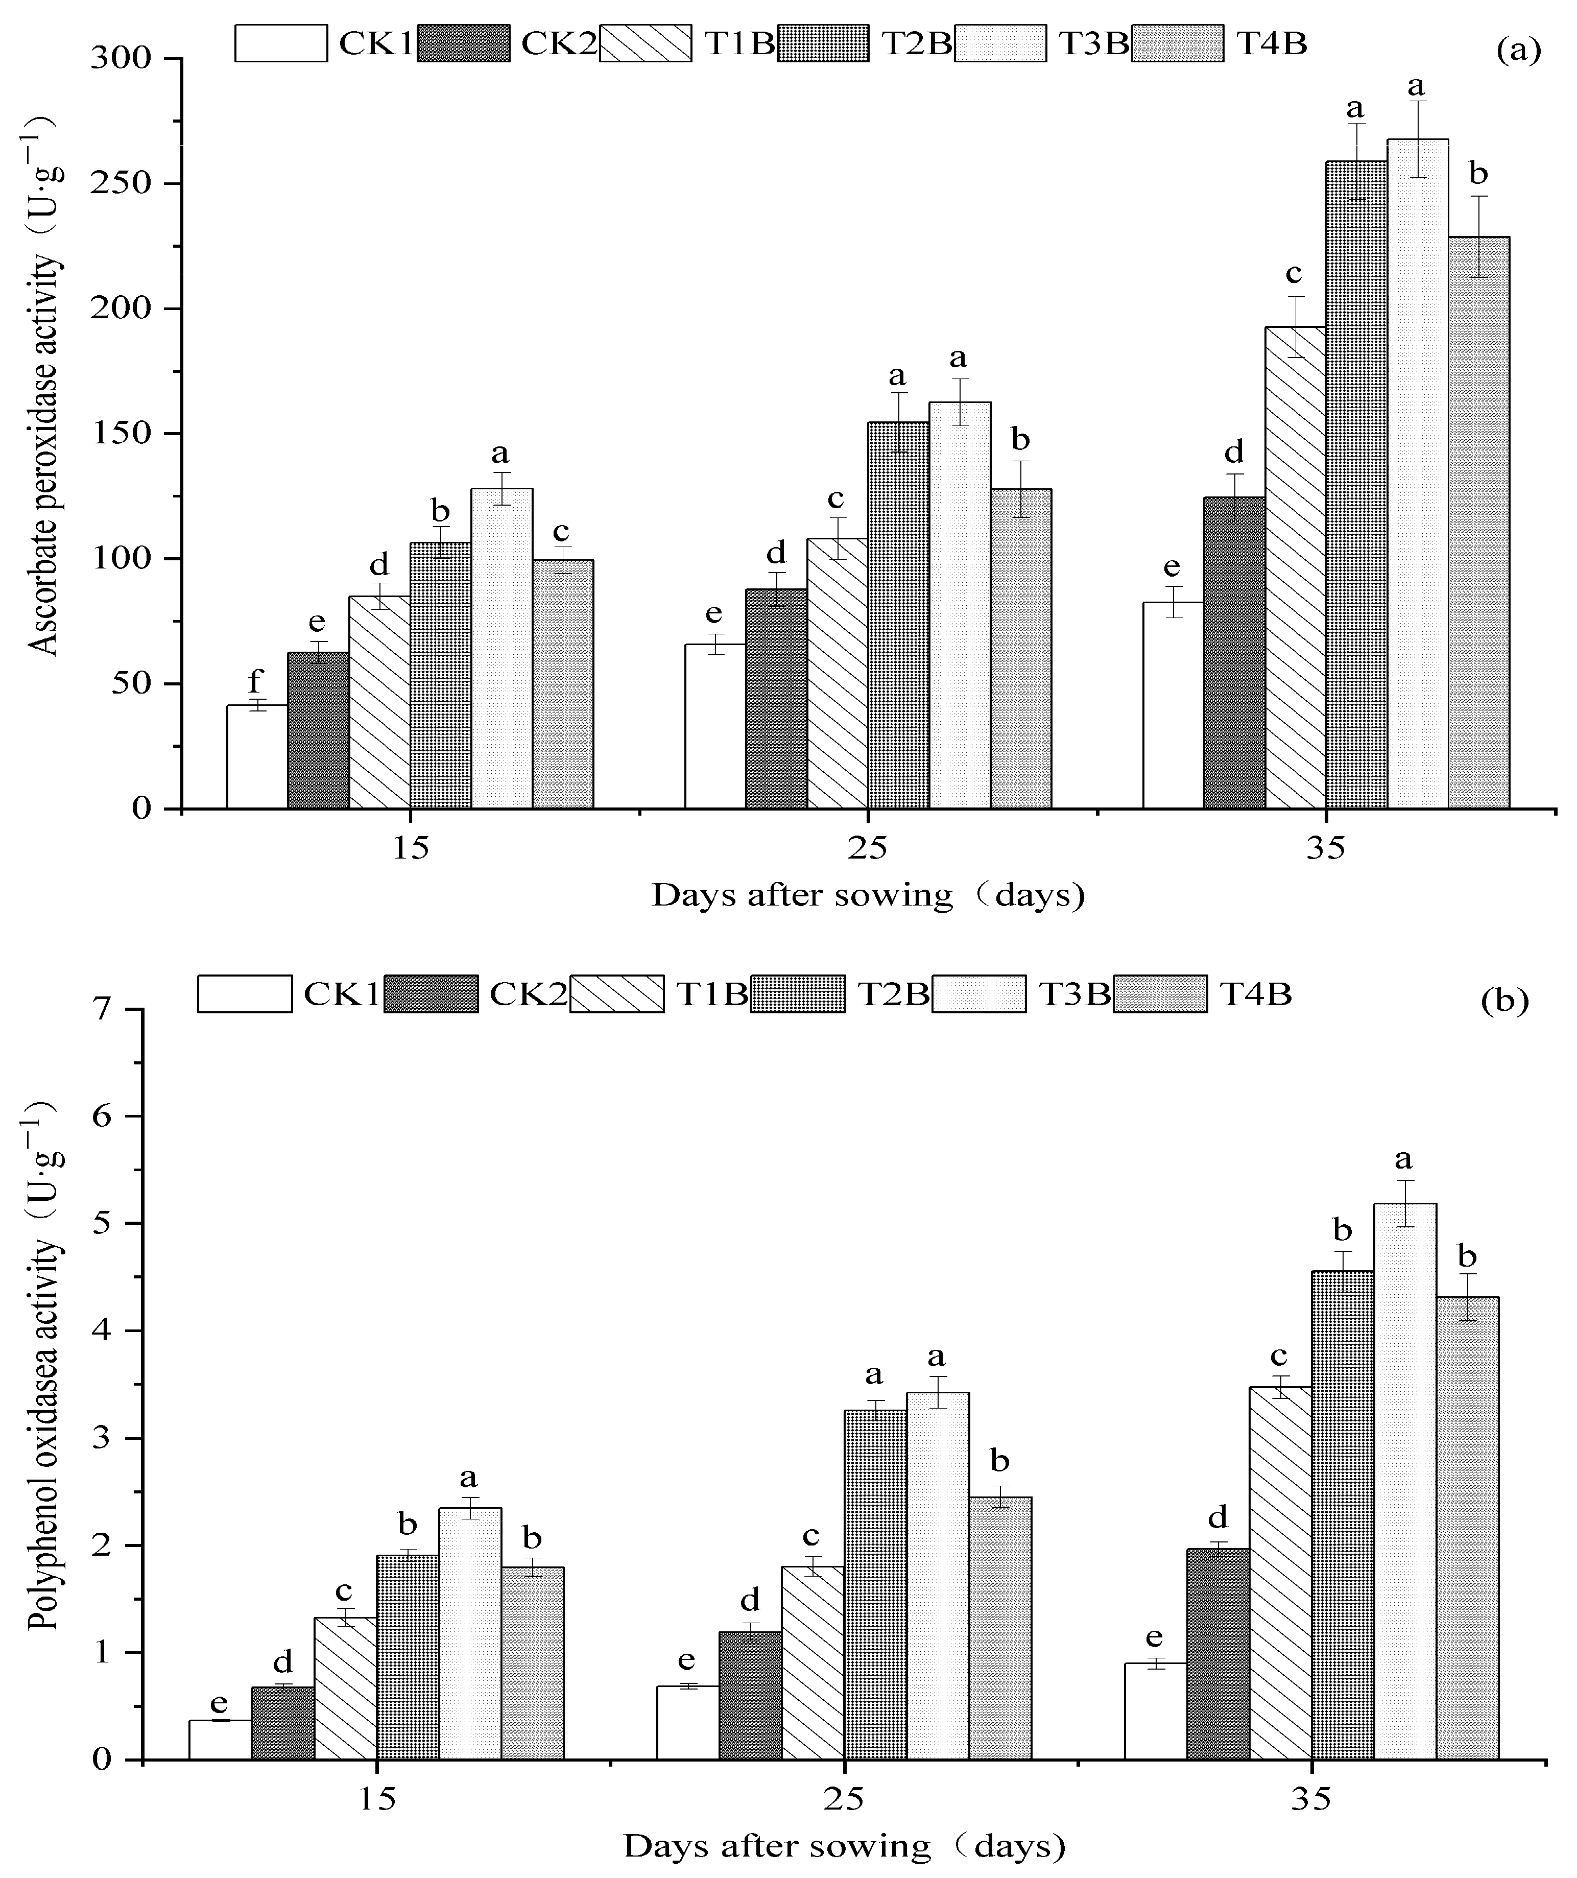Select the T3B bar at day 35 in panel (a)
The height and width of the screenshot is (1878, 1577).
(x=1418, y=474)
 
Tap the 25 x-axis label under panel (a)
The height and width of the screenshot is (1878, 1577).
(x=867, y=847)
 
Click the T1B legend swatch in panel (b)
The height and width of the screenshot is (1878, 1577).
(x=617, y=993)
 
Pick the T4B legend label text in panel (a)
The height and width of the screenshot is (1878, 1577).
(x=1271, y=42)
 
